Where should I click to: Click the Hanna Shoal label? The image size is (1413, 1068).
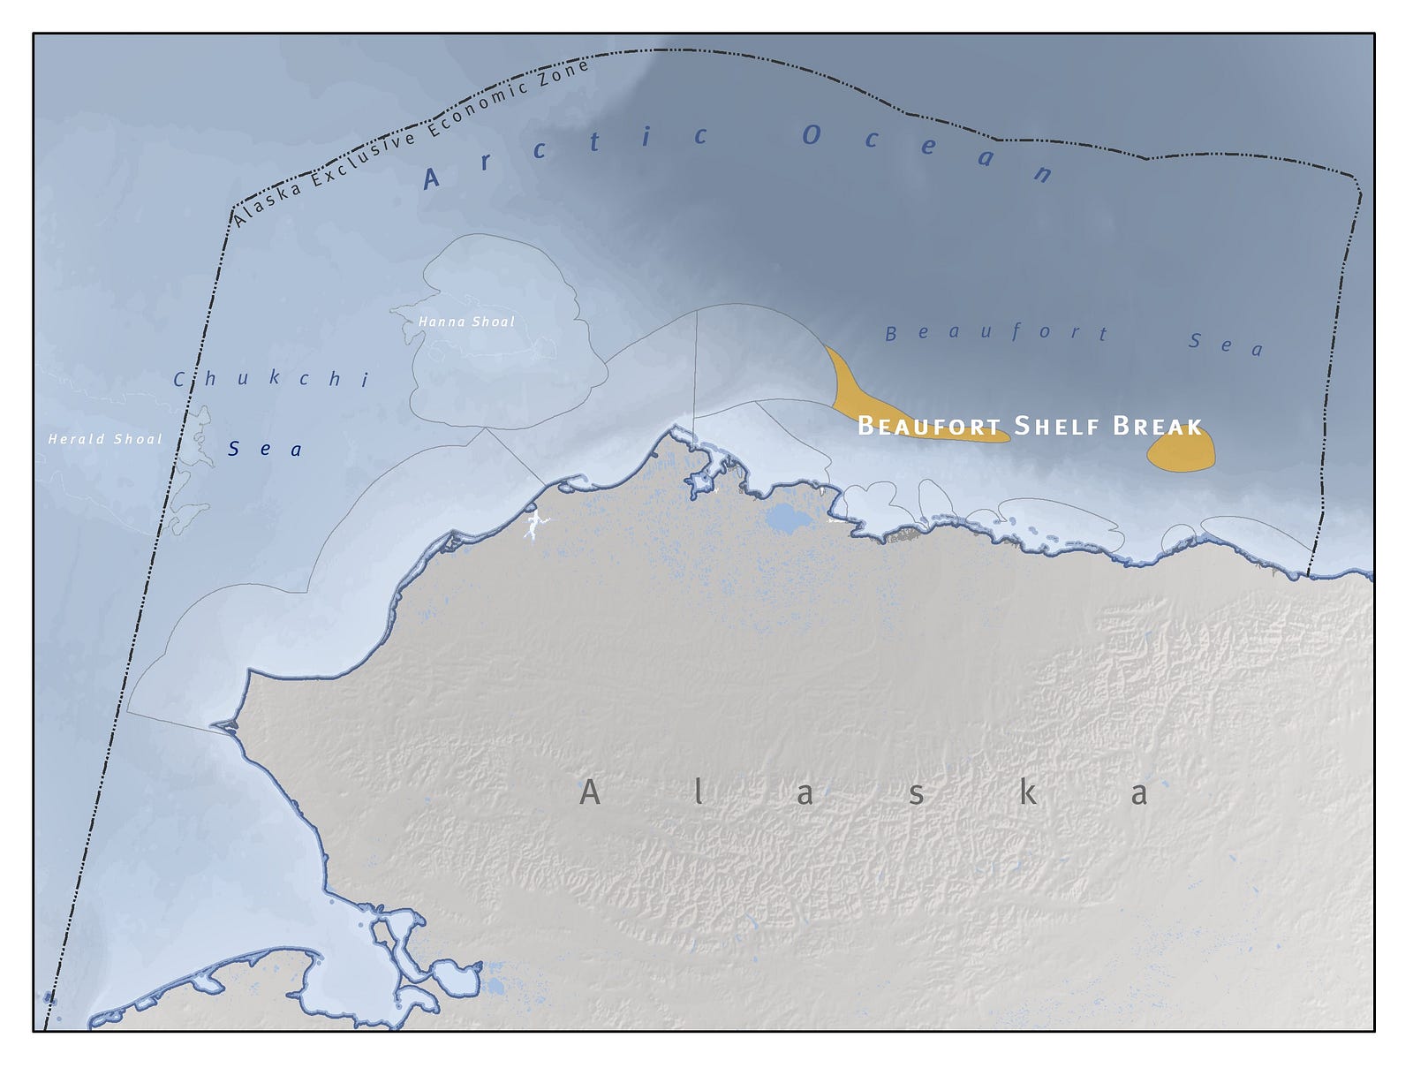pos(466,322)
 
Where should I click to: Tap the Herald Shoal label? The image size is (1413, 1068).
pos(105,439)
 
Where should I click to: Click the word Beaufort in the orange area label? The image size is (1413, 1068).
pos(929,427)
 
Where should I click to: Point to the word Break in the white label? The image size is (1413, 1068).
pos(1157,427)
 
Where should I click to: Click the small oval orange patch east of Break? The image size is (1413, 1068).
pos(1181,451)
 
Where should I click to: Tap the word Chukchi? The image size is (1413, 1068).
pos(271,379)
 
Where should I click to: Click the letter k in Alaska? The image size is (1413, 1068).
pos(1027,793)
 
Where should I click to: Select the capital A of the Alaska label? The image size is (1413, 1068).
pos(589,792)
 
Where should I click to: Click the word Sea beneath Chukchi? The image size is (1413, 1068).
pos(265,450)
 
